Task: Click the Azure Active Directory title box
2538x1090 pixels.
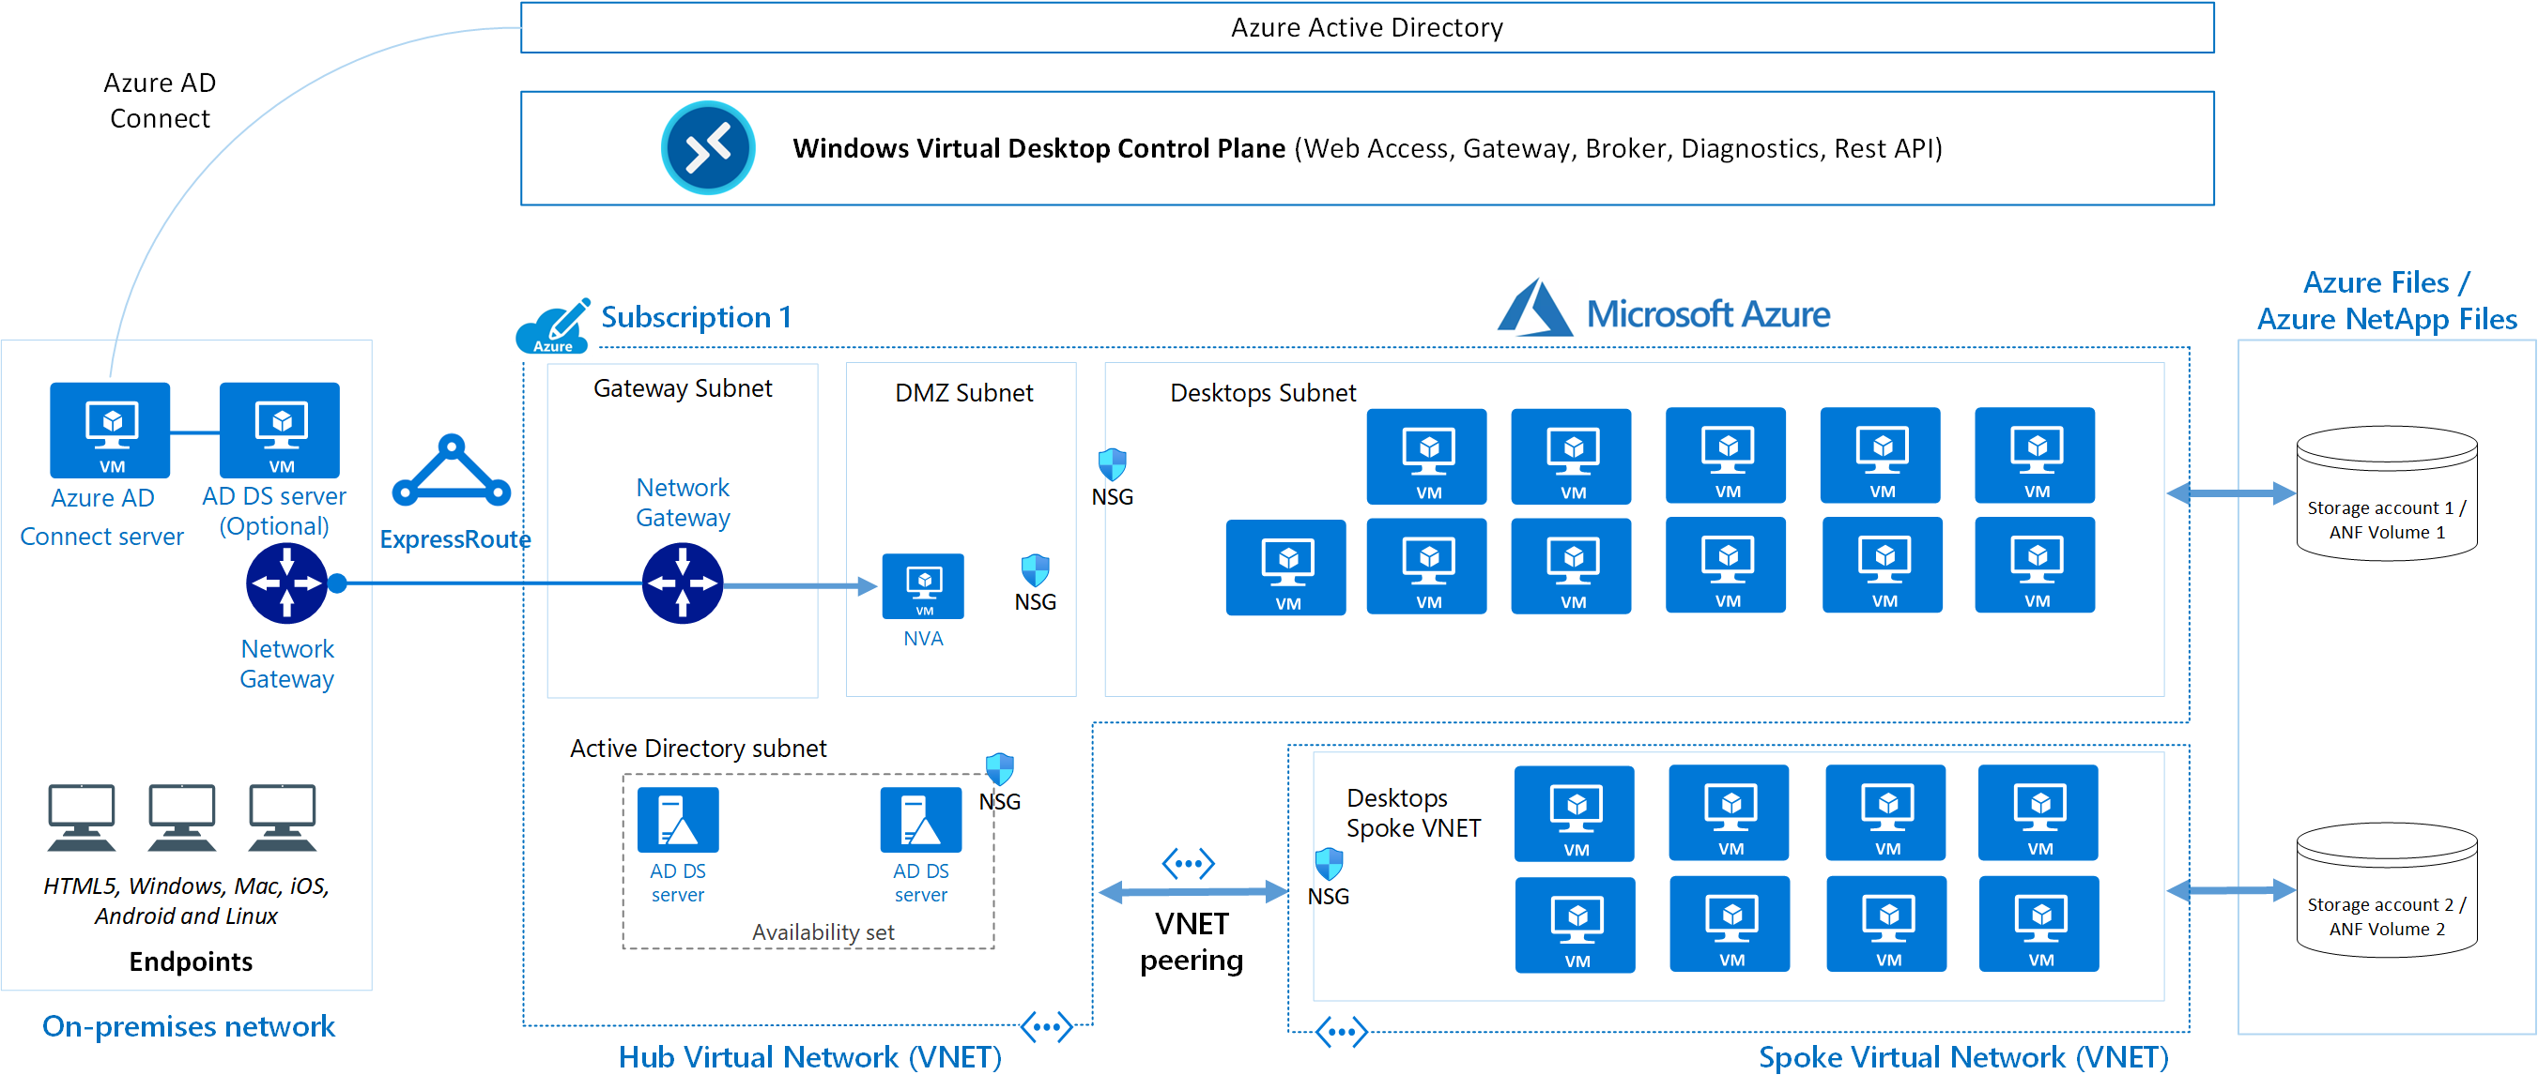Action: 1366,27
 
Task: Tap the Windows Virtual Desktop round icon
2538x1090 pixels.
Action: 707,147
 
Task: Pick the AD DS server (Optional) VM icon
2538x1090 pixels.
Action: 280,431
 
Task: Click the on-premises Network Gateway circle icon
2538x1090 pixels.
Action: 286,583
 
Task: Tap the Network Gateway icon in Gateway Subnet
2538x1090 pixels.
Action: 682,583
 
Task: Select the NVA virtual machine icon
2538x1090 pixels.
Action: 922,587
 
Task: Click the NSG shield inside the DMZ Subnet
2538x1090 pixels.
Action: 1035,570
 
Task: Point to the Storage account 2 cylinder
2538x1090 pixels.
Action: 2385,889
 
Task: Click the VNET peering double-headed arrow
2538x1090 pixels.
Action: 1192,892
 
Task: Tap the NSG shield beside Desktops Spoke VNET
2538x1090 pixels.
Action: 1328,864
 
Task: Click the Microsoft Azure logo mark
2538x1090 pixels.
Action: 1534,309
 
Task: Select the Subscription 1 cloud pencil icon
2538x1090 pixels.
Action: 554,326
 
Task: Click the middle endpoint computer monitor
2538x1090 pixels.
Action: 182,816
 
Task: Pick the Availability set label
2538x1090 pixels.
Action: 823,931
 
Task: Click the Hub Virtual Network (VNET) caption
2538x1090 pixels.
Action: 810,1056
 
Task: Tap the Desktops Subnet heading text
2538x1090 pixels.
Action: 1262,393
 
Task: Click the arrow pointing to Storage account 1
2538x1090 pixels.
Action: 2231,493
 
